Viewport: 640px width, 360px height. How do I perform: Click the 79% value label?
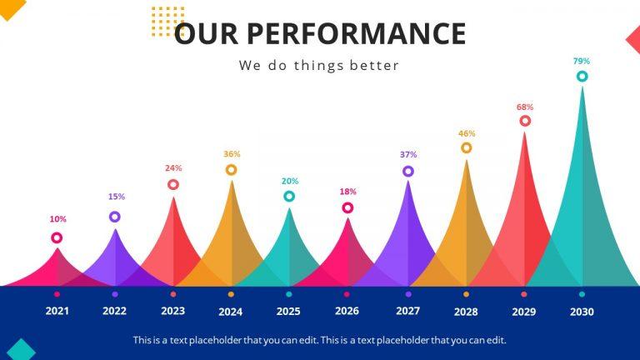pyautogui.click(x=581, y=61)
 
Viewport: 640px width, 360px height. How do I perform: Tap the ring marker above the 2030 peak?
pyautogui.click(x=582, y=77)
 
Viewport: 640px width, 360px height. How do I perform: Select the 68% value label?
pyautogui.click(x=524, y=107)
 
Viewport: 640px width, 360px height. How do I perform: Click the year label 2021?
pyautogui.click(x=57, y=311)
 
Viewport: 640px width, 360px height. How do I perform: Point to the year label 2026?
pyautogui.click(x=347, y=311)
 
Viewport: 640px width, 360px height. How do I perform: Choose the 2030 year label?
pyautogui.click(x=582, y=312)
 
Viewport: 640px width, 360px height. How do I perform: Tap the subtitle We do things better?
pyautogui.click(x=319, y=65)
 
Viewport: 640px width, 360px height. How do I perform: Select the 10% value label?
pyautogui.click(x=57, y=219)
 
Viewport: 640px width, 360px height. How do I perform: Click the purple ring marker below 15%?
pyautogui.click(x=115, y=217)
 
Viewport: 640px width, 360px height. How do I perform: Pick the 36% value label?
pyautogui.click(x=232, y=154)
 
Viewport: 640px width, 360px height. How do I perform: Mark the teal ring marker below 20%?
pyautogui.click(x=289, y=197)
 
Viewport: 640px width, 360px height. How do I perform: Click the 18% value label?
pyautogui.click(x=347, y=192)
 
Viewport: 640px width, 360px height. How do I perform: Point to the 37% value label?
pyautogui.click(x=407, y=154)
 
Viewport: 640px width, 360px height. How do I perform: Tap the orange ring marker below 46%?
pyautogui.click(x=466, y=148)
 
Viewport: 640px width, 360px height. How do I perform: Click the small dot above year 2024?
pyautogui.click(x=231, y=294)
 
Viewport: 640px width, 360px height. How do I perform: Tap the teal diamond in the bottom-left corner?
pyautogui.click(x=20, y=350)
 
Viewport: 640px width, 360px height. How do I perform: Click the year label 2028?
pyautogui.click(x=466, y=312)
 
